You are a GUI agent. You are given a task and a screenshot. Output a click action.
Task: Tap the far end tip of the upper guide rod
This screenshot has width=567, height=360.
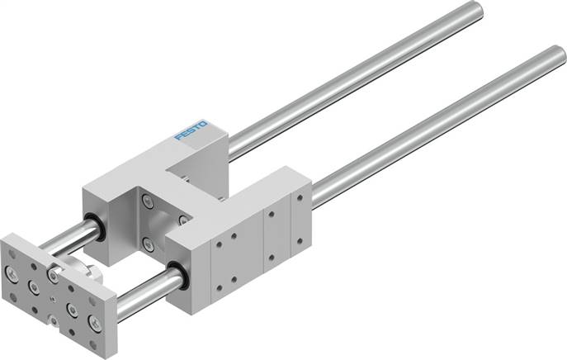(476, 11)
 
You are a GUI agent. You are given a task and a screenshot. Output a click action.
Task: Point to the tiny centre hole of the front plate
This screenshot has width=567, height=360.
(52, 298)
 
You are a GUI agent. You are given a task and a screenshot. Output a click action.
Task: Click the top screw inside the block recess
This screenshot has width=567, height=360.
(148, 200)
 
